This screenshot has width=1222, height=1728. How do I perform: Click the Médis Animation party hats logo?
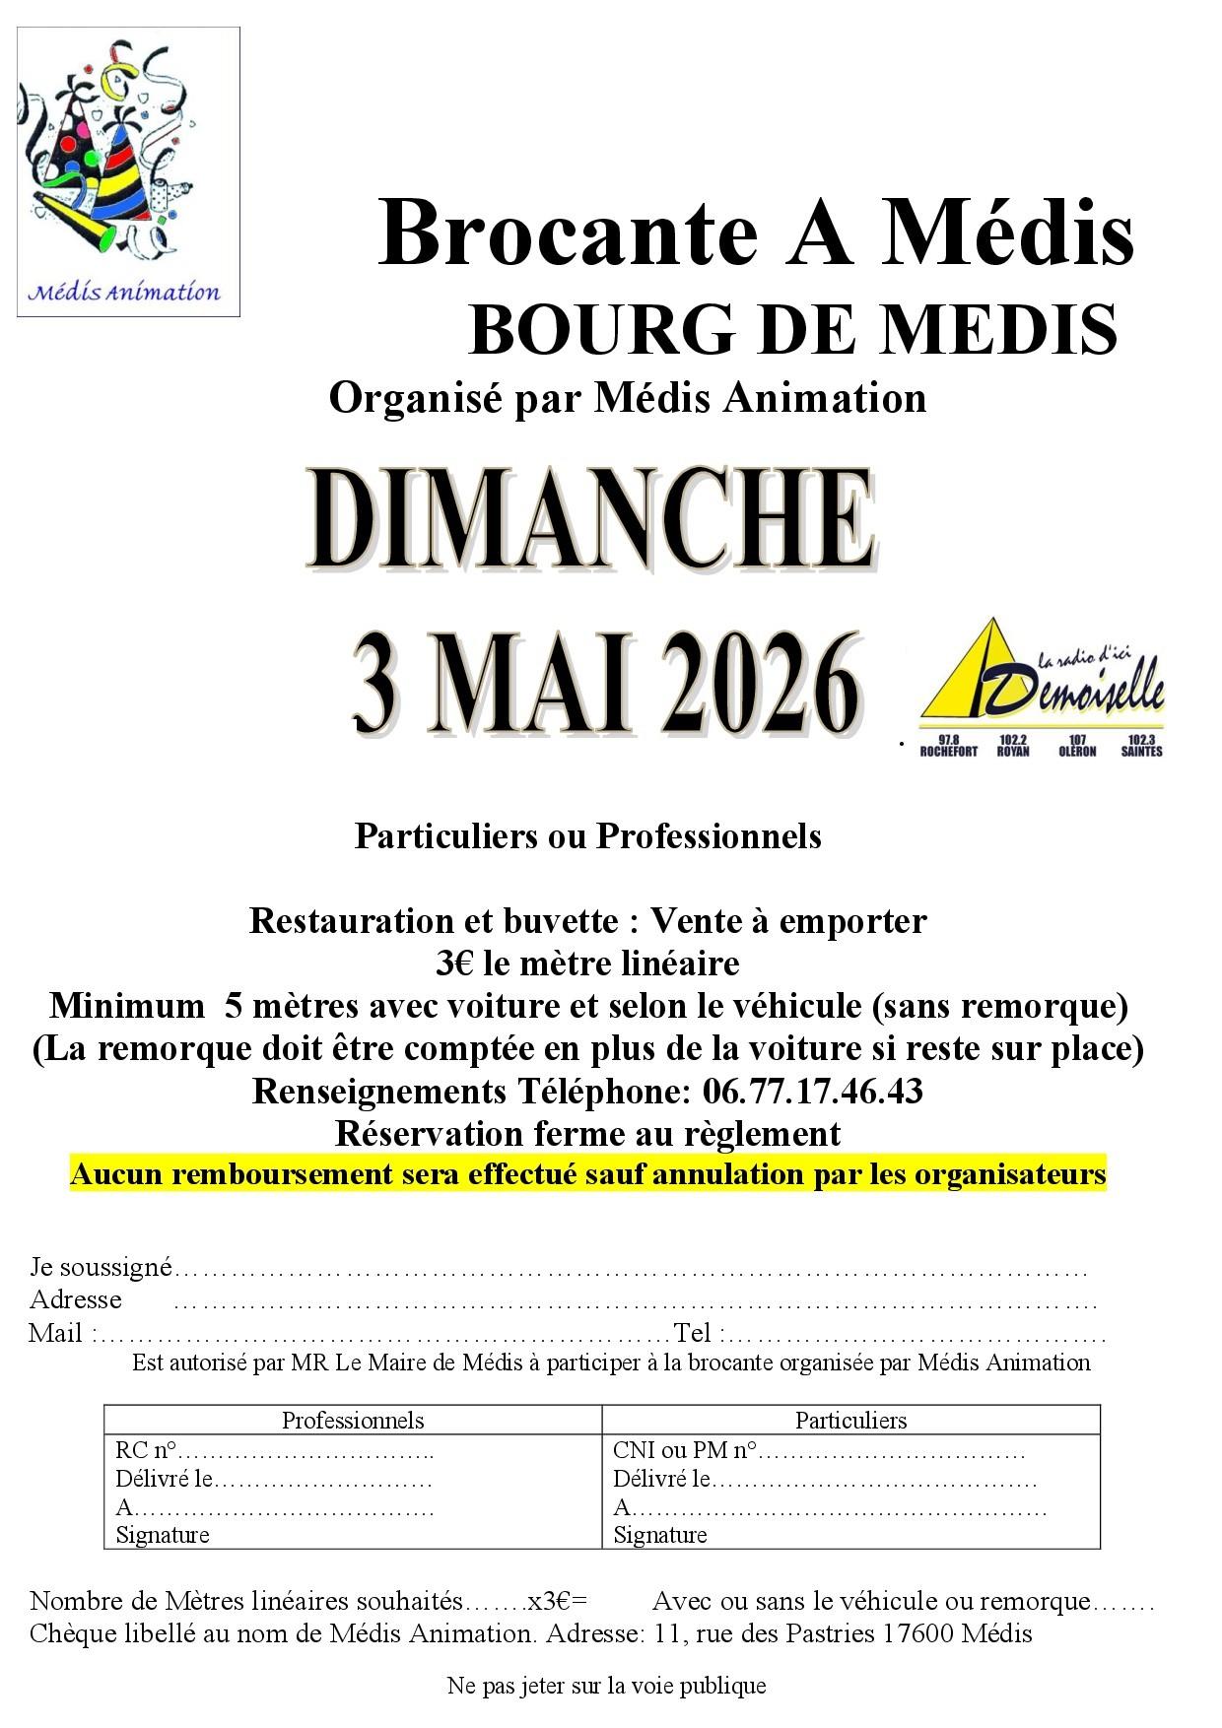pyautogui.click(x=128, y=170)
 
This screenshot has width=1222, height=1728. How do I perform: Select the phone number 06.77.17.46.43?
pyautogui.click(x=812, y=1092)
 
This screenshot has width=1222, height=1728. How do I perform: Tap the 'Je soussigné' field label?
pyautogui.click(x=101, y=1266)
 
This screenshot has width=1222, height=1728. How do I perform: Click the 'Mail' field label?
pyautogui.click(x=56, y=1333)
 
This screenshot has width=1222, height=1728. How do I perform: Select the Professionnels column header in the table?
pyautogui.click(x=353, y=1420)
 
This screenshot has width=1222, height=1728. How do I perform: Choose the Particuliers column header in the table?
pyautogui.click(x=850, y=1420)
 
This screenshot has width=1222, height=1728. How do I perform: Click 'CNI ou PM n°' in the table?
pyautogui.click(x=685, y=1450)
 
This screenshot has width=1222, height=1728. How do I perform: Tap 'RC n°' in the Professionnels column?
pyautogui.click(x=145, y=1450)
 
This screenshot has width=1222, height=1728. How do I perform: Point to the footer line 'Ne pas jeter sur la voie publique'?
pyautogui.click(x=606, y=1685)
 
